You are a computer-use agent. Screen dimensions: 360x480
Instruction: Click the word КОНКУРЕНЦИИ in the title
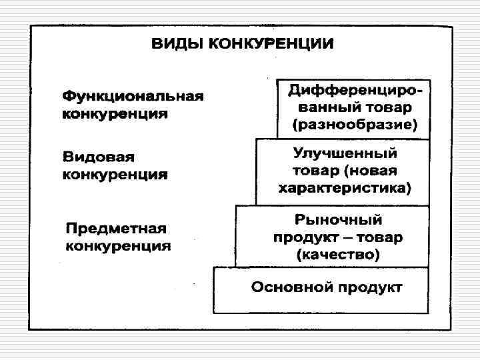click(271, 45)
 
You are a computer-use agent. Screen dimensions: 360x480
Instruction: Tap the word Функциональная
click(133, 95)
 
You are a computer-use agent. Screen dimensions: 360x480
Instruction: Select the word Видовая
click(99, 158)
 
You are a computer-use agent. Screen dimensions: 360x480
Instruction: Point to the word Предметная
click(116, 229)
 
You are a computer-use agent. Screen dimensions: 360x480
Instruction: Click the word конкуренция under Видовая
click(115, 175)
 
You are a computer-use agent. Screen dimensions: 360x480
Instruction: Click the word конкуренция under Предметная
click(118, 246)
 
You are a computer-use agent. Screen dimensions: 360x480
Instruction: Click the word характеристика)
click(345, 187)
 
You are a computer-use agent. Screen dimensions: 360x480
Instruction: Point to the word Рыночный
click(338, 219)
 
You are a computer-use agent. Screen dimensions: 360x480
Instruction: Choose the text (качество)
click(338, 254)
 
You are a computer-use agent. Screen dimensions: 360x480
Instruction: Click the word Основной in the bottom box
click(292, 288)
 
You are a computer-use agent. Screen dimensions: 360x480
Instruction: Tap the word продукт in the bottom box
click(370, 288)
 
